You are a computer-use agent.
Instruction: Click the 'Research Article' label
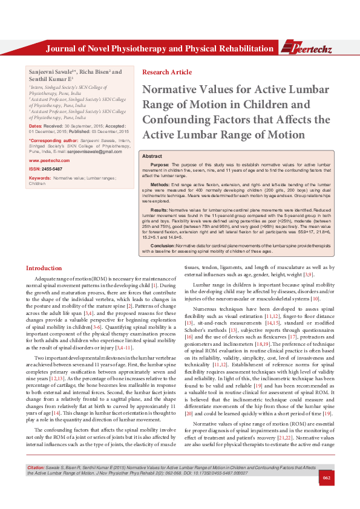166,73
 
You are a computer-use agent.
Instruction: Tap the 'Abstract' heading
151,156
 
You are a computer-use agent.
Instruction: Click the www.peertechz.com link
45,160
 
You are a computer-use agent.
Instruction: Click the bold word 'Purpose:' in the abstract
159,164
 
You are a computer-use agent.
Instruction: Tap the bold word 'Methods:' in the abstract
160,183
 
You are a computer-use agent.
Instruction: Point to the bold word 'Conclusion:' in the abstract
163,247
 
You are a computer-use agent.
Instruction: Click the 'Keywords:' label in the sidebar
40,178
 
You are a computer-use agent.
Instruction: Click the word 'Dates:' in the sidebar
36,126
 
